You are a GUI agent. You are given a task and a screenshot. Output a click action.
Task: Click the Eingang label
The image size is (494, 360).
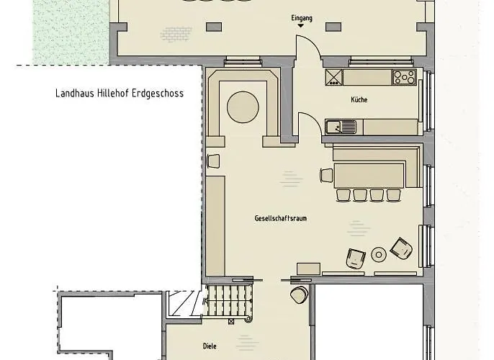tap(302, 18)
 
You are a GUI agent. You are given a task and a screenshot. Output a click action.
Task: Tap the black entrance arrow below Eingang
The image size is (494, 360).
tap(301, 25)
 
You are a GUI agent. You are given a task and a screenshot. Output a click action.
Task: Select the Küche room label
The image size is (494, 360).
tap(359, 99)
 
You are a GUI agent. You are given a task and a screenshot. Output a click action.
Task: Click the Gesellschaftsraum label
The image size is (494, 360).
tap(280, 218)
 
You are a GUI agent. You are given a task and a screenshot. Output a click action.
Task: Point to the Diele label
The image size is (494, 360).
tap(210, 346)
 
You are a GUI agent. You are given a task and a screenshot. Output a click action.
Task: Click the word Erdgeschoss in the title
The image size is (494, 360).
tap(158, 94)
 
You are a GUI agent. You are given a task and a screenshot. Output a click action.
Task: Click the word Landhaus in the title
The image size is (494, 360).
tap(75, 93)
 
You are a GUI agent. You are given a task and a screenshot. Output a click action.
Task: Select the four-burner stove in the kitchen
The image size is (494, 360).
tap(405, 77)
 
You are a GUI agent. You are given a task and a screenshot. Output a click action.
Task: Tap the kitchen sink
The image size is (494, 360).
tap(341, 127)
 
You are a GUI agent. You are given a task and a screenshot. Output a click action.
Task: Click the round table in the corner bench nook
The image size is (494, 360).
tap(243, 107)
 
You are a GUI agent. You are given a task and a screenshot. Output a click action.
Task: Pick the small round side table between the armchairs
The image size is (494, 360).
tap(379, 254)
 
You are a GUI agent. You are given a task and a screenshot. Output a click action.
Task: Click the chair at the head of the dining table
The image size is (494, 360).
tap(326, 176)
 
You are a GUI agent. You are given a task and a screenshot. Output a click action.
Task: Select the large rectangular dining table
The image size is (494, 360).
tap(369, 176)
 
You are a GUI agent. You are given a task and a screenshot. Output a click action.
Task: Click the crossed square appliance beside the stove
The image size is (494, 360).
tap(334, 78)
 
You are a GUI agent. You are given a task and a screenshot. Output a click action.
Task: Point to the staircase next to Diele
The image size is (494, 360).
tap(228, 301)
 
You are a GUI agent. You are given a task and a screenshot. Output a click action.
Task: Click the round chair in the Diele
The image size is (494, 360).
tap(299, 294)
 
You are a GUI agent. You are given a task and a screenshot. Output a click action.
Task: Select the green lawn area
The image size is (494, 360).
tap(71, 32)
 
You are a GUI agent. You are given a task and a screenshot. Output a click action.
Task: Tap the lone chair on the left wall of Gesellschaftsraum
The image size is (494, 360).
tap(213, 161)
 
